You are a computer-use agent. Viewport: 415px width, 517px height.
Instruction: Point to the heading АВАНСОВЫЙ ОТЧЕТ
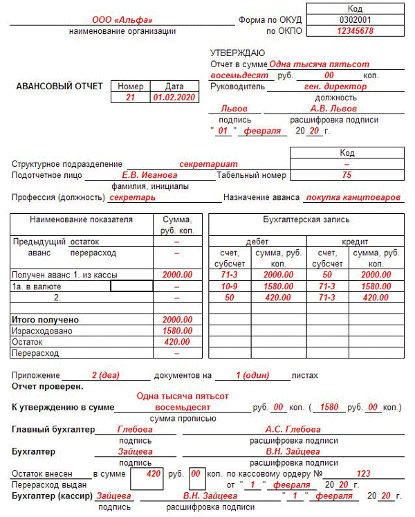click(59, 87)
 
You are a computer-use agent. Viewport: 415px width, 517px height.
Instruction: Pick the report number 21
click(131, 98)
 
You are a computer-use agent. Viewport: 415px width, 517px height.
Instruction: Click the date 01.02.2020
click(174, 98)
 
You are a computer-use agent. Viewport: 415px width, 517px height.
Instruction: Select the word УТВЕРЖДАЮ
click(237, 53)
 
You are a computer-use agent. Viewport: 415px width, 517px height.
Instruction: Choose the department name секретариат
click(208, 164)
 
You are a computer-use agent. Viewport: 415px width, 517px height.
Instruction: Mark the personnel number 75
click(347, 175)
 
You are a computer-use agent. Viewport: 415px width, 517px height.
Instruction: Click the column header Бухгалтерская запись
click(306, 219)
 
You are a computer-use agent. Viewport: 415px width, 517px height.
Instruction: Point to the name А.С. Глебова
click(293, 429)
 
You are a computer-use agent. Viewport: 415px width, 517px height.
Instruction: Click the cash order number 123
click(363, 474)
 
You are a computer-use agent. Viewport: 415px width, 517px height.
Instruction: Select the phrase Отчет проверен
click(47, 386)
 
